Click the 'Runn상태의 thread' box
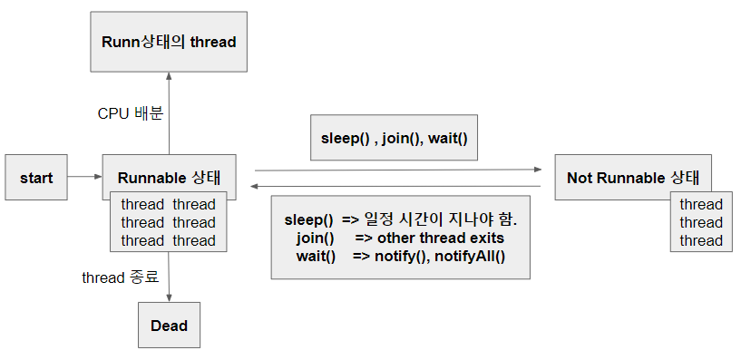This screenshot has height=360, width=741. click(168, 41)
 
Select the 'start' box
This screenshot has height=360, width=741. click(36, 177)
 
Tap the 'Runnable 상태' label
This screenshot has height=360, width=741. click(169, 177)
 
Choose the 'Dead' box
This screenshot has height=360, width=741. click(169, 325)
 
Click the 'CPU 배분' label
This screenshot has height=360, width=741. click(130, 113)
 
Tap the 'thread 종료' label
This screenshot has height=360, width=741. click(120, 277)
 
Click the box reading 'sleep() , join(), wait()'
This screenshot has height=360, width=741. click(394, 139)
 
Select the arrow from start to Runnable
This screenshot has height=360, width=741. click(84, 177)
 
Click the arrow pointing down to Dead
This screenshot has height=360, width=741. click(169, 277)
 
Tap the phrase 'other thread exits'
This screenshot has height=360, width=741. click(442, 238)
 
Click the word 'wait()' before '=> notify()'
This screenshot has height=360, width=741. click(316, 256)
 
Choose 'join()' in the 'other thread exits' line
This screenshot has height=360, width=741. click(315, 238)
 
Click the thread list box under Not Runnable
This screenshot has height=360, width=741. click(700, 222)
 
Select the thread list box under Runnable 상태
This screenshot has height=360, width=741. click(169, 222)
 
